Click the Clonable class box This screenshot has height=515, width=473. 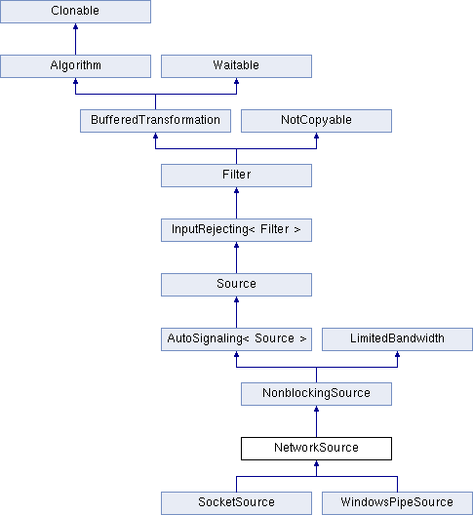75,12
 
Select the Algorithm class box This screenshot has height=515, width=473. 75,66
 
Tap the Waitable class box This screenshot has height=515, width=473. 236,66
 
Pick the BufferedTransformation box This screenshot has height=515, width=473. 155,121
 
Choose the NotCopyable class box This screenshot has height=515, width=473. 316,121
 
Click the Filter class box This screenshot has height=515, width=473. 236,176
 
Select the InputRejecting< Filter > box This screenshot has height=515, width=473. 236,230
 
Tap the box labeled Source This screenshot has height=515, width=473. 236,285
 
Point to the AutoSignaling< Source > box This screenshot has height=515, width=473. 236,339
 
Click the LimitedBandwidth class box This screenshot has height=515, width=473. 398,339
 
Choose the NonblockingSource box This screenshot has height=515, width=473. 316,394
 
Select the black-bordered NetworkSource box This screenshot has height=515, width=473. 316,449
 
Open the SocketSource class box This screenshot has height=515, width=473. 236,503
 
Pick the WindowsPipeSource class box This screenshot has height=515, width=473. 398,503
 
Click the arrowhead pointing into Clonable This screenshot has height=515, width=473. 75,26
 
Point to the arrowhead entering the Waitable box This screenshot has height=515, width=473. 236,81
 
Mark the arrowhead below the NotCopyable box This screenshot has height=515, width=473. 316,136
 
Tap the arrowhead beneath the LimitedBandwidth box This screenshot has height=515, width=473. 398,354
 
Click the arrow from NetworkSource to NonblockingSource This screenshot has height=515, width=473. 316,421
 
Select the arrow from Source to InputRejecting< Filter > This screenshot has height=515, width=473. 236,257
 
